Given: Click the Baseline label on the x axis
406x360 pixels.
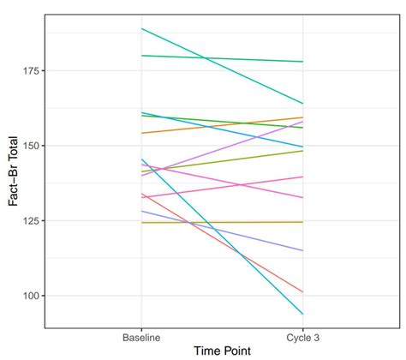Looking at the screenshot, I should point(141,339).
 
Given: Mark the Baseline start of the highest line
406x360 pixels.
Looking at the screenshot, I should point(141,28).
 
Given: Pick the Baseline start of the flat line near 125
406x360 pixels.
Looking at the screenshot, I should point(141,223).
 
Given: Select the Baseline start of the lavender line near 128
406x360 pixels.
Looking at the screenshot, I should point(141,211).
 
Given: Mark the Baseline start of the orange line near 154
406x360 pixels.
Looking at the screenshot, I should point(141,133).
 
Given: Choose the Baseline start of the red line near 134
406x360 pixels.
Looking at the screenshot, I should point(141,194).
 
